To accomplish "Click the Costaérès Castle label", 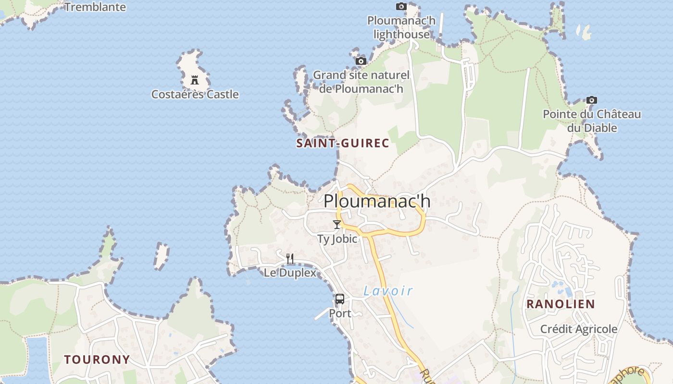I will pos(195,94).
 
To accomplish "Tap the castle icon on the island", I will pos(195,80).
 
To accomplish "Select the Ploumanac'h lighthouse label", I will pos(401,27).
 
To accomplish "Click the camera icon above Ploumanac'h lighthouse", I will pos(401,6).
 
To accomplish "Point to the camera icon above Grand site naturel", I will pos(361,61).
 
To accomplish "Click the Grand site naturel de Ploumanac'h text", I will pos(361,82).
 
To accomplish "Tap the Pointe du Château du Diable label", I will pos(592,121).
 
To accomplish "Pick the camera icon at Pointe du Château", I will pos(592,100).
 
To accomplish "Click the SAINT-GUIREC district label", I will pos(343,143).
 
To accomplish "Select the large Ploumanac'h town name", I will pos(377,201).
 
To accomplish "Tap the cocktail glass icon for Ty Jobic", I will pos(337,224).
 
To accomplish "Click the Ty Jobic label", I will pos(337,239).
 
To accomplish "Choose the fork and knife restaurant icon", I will pos(290,259).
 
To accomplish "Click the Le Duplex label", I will pos(290,273).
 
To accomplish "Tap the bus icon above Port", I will pos(340,299).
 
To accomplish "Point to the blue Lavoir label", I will pos(388,290).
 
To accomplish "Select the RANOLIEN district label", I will pos(561,304).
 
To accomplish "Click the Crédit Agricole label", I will pos(579,329).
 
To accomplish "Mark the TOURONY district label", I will pos(97,360).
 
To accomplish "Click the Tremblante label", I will pos(95,7).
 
